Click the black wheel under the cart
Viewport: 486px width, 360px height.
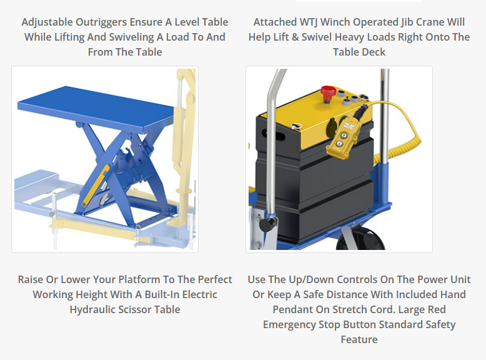coord(360,239)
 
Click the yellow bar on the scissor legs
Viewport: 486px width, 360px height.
coord(96,185)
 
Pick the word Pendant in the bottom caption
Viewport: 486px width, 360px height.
coord(292,309)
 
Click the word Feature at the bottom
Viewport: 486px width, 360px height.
coord(359,339)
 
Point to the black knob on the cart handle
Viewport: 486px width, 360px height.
coord(268,224)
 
